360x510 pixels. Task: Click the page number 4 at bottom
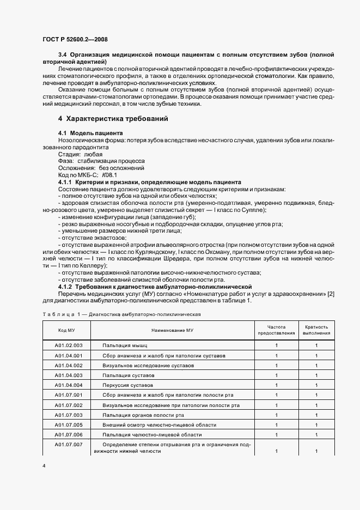click(x=44, y=466)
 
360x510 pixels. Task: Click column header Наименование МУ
click(x=175, y=330)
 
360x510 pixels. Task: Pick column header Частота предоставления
click(x=276, y=330)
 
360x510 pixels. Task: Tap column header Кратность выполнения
click(x=316, y=330)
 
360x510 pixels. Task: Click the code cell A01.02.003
click(x=68, y=345)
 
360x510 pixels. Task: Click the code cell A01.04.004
click(x=68, y=385)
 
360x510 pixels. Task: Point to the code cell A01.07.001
click(x=68, y=395)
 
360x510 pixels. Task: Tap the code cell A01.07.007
click(x=68, y=445)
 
